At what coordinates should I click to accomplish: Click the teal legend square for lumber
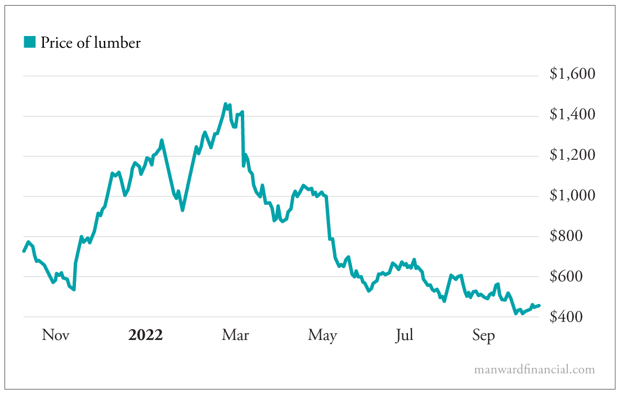click(30, 42)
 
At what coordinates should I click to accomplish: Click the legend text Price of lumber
click(90, 42)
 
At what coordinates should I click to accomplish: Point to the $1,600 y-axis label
click(572, 74)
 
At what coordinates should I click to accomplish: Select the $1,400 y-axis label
click(572, 115)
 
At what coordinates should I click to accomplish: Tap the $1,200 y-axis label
click(572, 155)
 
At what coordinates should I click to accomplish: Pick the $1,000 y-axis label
click(572, 196)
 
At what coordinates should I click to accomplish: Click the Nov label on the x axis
click(56, 335)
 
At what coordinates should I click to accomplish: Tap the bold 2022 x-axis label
click(145, 335)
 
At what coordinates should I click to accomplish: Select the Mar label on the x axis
click(235, 335)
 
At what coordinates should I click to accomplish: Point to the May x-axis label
click(322, 336)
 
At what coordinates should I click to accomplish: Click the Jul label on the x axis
click(404, 335)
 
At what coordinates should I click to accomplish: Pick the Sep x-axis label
click(483, 336)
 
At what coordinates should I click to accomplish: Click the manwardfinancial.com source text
click(534, 370)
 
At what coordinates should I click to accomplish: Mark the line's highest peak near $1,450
click(226, 104)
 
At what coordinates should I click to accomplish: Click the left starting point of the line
click(24, 251)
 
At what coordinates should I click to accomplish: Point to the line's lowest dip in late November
click(74, 289)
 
